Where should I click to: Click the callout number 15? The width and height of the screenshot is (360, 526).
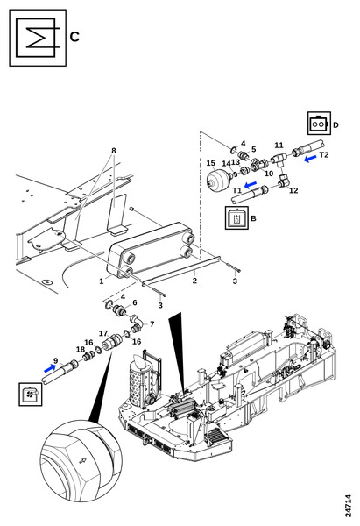[x=210, y=163]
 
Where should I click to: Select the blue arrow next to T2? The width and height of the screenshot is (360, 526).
[x=310, y=159]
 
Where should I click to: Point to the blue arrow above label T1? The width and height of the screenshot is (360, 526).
[x=251, y=185]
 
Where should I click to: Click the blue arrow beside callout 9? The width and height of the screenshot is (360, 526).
[x=50, y=368]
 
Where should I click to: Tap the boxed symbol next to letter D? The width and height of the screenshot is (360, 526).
[x=319, y=124]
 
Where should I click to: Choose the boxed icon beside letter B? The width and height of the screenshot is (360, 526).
[x=237, y=217]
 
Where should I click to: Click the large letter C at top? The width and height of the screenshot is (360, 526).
[x=74, y=37]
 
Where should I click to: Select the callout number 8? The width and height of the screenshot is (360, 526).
[x=114, y=151]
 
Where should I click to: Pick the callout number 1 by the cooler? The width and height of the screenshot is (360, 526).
[x=102, y=281]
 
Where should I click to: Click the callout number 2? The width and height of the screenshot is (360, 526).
[x=194, y=281]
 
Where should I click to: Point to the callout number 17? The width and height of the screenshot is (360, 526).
[x=102, y=333]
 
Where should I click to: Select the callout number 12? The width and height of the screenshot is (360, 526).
[x=293, y=190]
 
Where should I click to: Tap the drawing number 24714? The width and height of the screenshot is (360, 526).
[x=349, y=505]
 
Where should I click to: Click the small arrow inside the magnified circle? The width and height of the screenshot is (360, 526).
[x=82, y=461]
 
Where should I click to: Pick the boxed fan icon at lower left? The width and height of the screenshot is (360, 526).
[x=31, y=394]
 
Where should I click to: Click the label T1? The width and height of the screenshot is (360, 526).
[x=237, y=190]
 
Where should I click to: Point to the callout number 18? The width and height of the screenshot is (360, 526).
[x=80, y=350]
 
